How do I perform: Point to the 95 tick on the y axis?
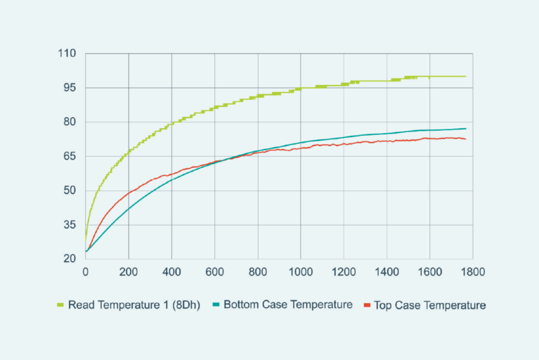71,88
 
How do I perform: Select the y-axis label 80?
71,122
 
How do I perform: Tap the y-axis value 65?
71,156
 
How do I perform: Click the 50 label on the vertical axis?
71,190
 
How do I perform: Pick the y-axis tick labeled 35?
71,224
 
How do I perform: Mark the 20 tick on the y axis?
71,258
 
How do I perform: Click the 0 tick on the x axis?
86,271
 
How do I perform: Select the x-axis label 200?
129,271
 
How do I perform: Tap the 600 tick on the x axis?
215,271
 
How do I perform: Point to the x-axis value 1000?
301,271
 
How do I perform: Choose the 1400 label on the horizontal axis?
387,271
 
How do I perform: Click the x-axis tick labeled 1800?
472,271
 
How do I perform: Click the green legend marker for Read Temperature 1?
60,306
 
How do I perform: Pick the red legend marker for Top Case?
368,306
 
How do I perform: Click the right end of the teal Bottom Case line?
465,129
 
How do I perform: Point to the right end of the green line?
465,76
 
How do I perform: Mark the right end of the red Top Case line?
465,139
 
